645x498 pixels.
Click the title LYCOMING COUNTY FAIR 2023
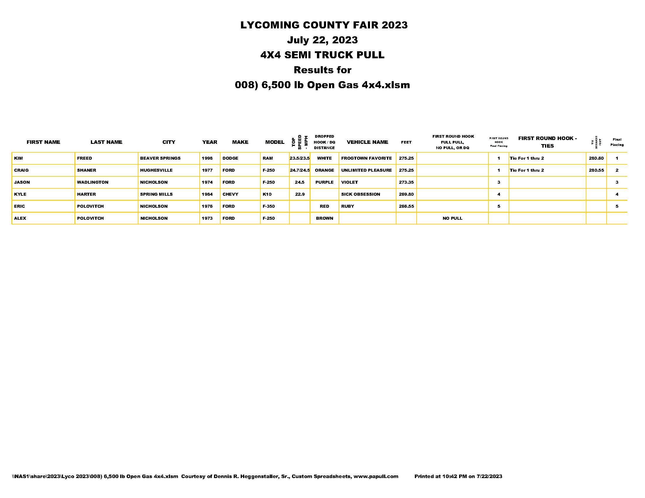tap(324, 25)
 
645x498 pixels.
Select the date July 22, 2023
tap(322, 40)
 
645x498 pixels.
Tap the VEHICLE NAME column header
tap(367, 142)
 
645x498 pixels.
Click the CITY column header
tap(169, 142)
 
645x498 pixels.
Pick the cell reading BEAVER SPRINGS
tap(160, 158)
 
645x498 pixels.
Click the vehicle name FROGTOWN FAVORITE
tap(366, 158)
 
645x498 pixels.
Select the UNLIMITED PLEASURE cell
tap(366, 170)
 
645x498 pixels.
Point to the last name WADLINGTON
tap(92, 182)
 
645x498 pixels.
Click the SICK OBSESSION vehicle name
tap(360, 195)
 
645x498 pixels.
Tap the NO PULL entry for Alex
tap(452, 218)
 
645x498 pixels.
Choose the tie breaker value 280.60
tap(596, 158)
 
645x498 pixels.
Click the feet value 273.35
tap(406, 182)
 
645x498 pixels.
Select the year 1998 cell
tap(207, 158)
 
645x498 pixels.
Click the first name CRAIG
tap(21, 170)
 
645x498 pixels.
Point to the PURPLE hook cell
tap(324, 182)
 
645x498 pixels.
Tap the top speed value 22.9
tap(299, 195)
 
